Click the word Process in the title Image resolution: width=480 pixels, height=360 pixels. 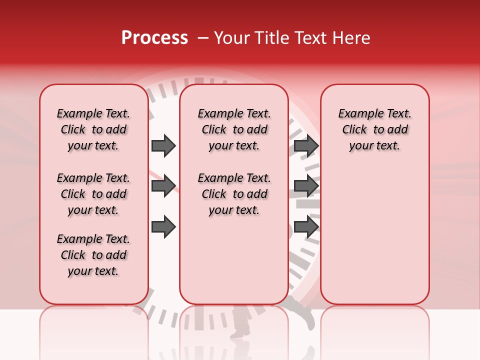(x=154, y=38)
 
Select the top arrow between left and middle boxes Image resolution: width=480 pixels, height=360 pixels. (x=163, y=146)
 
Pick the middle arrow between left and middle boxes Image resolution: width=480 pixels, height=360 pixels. (x=163, y=186)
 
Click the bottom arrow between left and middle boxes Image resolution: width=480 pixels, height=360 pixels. (x=163, y=227)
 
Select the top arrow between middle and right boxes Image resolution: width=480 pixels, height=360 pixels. (x=306, y=146)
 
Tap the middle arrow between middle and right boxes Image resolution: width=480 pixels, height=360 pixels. (x=306, y=186)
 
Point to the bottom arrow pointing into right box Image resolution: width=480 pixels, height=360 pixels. (x=306, y=227)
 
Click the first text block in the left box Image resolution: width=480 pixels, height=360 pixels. (x=93, y=129)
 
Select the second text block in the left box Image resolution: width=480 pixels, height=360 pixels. (x=93, y=194)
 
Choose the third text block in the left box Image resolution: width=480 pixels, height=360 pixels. (x=93, y=255)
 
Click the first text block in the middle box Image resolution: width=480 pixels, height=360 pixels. (x=234, y=129)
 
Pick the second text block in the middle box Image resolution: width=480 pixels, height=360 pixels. (x=234, y=194)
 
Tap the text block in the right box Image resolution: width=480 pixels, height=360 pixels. (x=374, y=129)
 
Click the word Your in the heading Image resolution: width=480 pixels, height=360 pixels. (x=229, y=38)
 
